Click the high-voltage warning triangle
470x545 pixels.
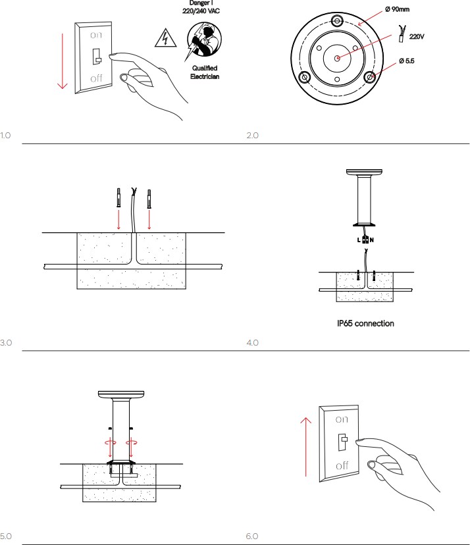(165, 38)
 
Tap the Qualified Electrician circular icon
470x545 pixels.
(204, 39)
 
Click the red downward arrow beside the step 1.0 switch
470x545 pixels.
(63, 61)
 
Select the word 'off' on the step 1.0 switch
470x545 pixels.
(96, 78)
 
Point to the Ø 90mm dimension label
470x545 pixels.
(398, 9)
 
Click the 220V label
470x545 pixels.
(417, 36)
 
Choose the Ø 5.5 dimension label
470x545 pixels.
(407, 61)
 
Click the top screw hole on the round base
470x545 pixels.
(337, 21)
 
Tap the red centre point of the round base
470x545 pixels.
(337, 58)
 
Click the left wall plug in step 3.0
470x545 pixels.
(118, 197)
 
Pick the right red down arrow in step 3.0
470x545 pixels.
(149, 219)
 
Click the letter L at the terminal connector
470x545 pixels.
(359, 240)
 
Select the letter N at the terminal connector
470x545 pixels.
(372, 240)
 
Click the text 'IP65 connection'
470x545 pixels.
(365, 323)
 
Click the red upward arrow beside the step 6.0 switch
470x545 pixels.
(305, 447)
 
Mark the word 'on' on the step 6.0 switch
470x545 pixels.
(342, 419)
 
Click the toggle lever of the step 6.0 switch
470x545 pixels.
(342, 442)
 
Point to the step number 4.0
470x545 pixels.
(252, 343)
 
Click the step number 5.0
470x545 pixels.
(6, 536)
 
